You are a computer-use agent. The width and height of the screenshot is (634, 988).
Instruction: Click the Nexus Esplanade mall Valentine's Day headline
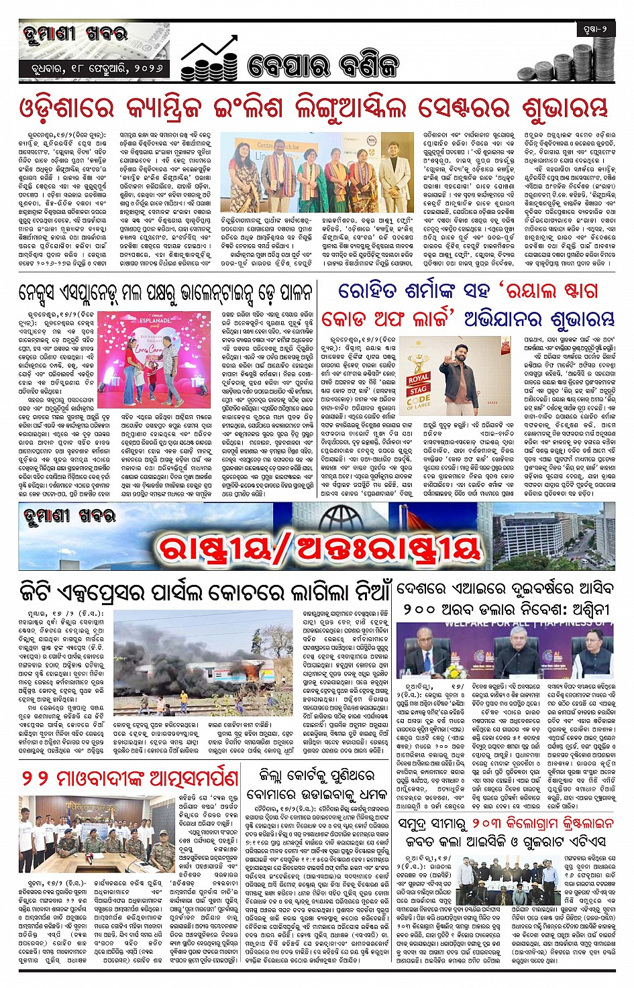tap(165, 292)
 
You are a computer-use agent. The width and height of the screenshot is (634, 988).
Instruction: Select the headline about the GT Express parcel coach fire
tap(204, 592)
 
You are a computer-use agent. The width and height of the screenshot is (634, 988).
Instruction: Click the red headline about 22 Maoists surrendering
tap(129, 778)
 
